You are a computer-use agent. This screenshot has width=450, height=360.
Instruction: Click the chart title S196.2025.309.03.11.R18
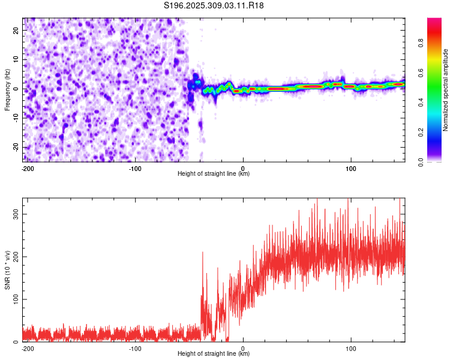[214, 5]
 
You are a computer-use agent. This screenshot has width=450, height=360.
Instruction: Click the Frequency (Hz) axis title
[8, 89]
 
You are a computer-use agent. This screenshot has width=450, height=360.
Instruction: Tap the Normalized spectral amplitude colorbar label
[446, 90]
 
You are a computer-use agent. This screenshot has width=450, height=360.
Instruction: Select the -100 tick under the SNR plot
[134, 348]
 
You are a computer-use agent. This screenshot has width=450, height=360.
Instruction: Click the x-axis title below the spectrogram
[214, 174]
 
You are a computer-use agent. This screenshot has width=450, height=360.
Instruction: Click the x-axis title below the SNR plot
[214, 353]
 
